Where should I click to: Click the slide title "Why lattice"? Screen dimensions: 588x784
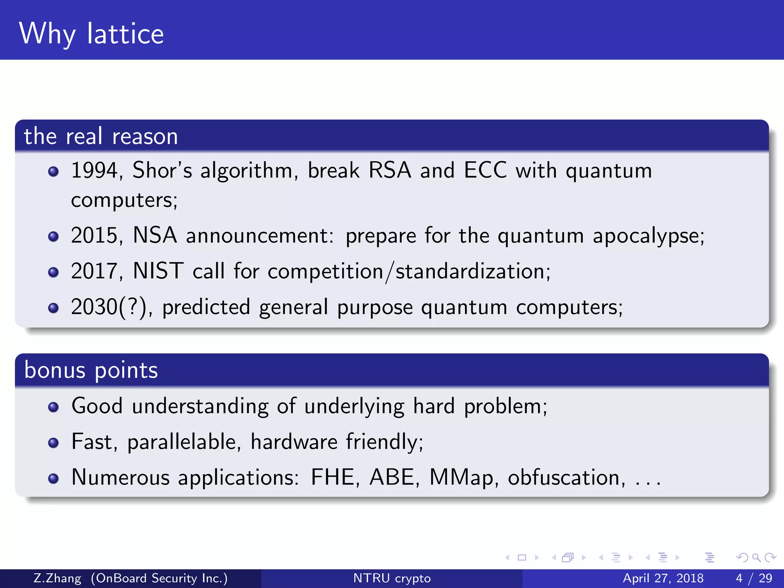(x=91, y=34)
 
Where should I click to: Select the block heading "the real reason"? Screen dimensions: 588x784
(x=101, y=136)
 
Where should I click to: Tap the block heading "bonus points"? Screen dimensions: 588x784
(x=91, y=370)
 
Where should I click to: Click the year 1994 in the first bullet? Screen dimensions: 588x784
(x=94, y=170)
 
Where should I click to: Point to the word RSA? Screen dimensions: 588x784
(x=389, y=170)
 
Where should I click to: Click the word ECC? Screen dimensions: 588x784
(x=485, y=170)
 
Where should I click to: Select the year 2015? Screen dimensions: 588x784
(x=94, y=235)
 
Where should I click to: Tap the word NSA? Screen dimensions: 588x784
(x=155, y=235)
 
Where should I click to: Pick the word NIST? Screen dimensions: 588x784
(x=158, y=271)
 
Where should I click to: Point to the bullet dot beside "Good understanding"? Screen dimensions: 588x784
(x=54, y=407)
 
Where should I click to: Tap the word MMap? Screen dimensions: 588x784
(x=461, y=478)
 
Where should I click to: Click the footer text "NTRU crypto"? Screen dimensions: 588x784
(x=392, y=578)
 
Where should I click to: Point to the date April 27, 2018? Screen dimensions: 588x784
(x=663, y=578)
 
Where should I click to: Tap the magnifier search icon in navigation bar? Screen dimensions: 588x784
(x=756, y=557)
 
